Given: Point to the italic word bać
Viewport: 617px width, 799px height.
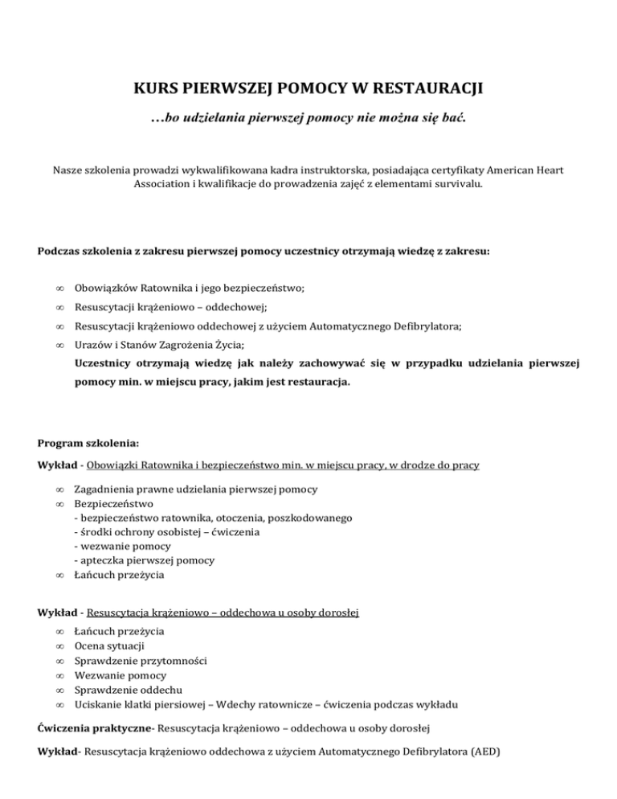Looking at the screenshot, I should (452, 119).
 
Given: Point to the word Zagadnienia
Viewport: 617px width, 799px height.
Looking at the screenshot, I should (105, 489).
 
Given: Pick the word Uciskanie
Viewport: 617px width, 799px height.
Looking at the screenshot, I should (100, 703).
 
